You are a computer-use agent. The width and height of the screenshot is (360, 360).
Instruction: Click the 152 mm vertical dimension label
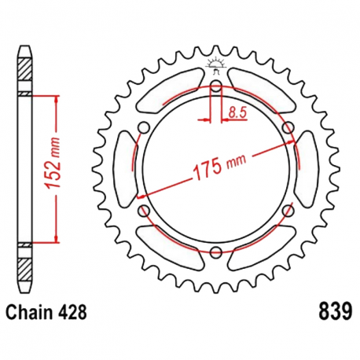pos(53,163)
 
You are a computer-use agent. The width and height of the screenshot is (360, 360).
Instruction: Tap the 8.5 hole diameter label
pos(237,112)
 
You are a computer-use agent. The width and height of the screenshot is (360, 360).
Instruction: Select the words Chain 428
pos(46,312)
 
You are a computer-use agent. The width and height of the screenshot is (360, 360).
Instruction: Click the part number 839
pos(336,311)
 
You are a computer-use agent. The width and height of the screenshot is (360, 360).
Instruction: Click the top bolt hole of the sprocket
pos(216,86)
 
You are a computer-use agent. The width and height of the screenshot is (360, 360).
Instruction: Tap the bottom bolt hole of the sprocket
pos(216,252)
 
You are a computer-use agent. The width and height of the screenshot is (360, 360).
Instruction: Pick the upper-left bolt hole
pos(144,127)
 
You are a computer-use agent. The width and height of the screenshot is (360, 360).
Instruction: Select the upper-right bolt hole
pos(288,127)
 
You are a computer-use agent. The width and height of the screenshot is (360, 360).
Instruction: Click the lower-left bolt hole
pos(144,211)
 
